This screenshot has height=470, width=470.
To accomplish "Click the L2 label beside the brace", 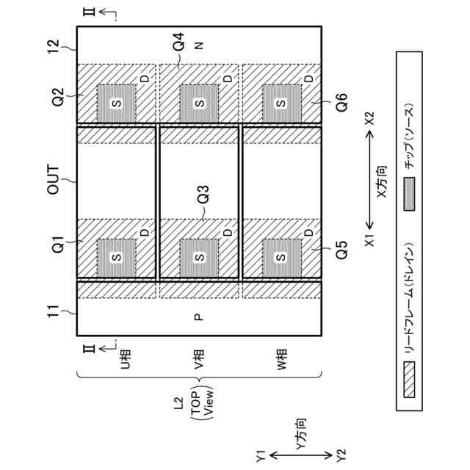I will point(176,402).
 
